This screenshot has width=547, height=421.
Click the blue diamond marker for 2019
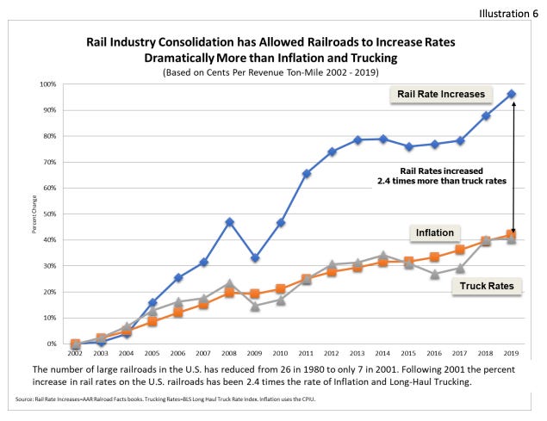pos(512,94)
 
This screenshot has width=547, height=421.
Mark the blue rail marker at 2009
pos(256,258)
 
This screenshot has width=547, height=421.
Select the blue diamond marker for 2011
pos(307,174)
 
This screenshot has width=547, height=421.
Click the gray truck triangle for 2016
pos(435,275)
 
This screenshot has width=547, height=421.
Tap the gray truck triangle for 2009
pos(256,306)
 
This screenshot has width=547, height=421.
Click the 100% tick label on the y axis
pos(49,84)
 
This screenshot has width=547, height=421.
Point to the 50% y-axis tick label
pos(51,214)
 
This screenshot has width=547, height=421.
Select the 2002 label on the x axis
pos(76,354)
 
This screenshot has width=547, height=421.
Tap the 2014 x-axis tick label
pos(383,354)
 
